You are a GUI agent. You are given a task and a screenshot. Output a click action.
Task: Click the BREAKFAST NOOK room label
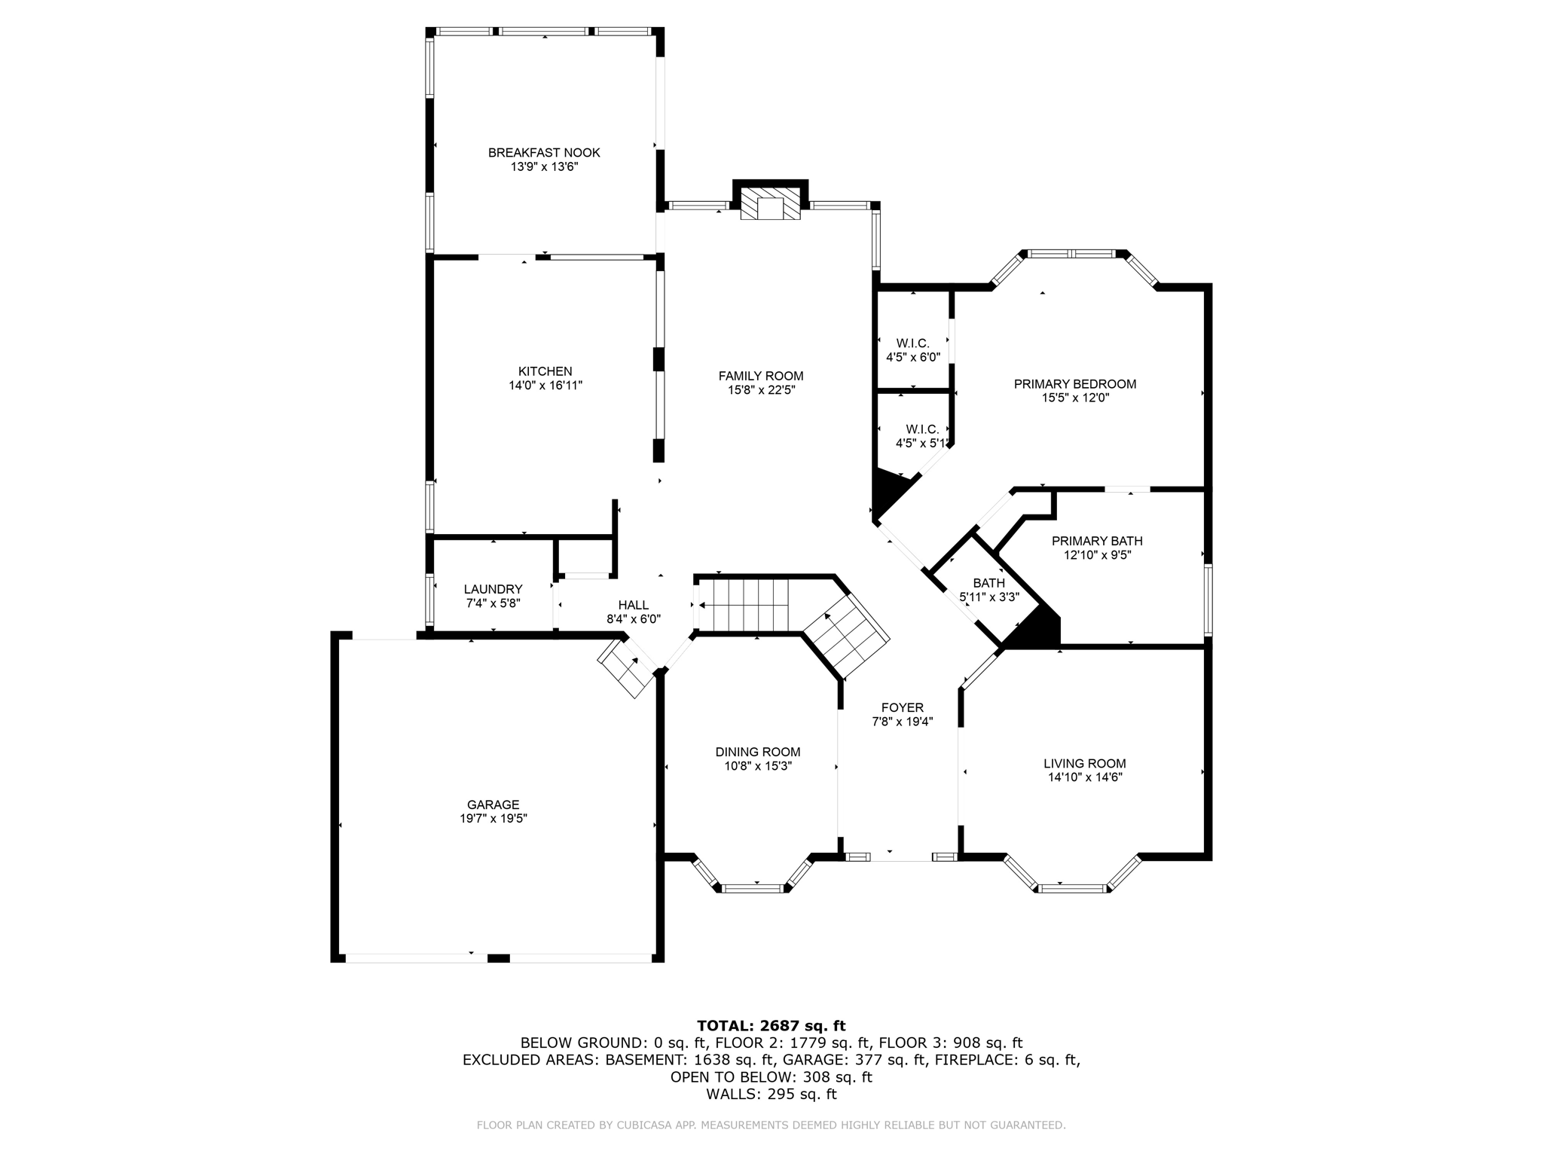pyautogui.click(x=544, y=153)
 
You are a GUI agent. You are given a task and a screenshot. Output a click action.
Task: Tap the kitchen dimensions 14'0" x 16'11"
pyautogui.click(x=545, y=386)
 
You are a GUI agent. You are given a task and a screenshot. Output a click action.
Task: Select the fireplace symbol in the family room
pyautogui.click(x=770, y=204)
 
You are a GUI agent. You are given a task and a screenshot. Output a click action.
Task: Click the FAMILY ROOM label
pyautogui.click(x=761, y=376)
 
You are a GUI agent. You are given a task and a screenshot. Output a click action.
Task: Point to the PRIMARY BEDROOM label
pyautogui.click(x=1074, y=384)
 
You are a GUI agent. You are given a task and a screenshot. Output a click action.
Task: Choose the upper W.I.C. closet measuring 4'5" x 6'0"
pyautogui.click(x=912, y=350)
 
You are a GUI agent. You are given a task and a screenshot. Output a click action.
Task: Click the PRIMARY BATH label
pyautogui.click(x=1096, y=541)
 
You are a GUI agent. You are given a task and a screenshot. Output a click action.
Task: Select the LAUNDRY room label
pyautogui.click(x=493, y=589)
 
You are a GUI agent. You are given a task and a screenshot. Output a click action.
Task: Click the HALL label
pyautogui.click(x=633, y=605)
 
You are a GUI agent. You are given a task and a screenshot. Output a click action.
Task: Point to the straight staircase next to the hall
pyautogui.click(x=743, y=605)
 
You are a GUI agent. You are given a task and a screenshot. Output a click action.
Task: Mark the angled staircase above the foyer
pyautogui.click(x=846, y=636)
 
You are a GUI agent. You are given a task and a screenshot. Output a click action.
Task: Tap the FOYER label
pyautogui.click(x=902, y=707)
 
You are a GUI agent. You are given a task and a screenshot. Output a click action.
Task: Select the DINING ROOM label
pyautogui.click(x=757, y=752)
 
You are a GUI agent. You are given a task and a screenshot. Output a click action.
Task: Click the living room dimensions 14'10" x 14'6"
pyautogui.click(x=1085, y=777)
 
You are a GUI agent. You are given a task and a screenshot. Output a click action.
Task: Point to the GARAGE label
pyautogui.click(x=493, y=804)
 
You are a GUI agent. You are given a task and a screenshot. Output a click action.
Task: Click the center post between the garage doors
pyautogui.click(x=498, y=958)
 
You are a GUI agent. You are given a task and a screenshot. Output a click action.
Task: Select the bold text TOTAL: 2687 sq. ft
pyautogui.click(x=771, y=1025)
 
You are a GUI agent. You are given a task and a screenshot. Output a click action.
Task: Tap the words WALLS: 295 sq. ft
pyautogui.click(x=771, y=1094)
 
